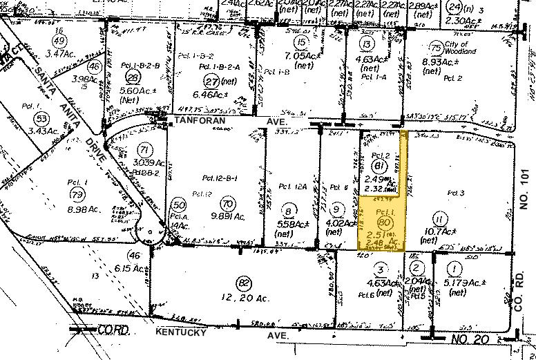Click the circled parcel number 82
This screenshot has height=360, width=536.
(242, 283)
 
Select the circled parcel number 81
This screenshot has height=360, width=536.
(378, 166)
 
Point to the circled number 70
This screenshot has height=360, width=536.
(228, 203)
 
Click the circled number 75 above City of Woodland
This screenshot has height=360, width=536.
(435, 48)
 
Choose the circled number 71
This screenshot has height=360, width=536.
(143, 150)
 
